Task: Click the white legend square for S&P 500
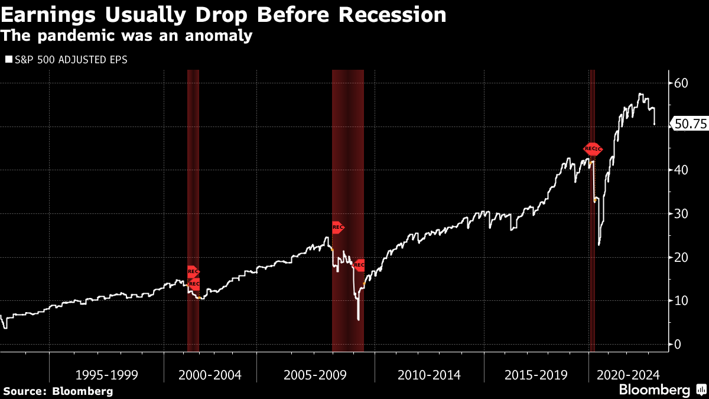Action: tap(8, 60)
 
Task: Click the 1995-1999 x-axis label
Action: tap(107, 375)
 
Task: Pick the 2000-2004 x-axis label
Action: tap(210, 375)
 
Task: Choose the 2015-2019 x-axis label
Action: tap(536, 375)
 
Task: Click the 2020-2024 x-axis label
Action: tap(627, 375)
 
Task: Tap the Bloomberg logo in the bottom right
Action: tap(662, 390)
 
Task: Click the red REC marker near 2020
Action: tap(593, 149)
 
